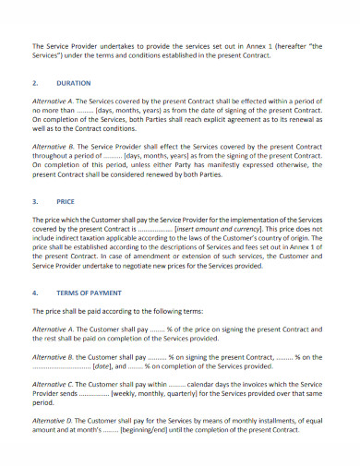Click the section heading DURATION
75,81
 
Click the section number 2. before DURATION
35,81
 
